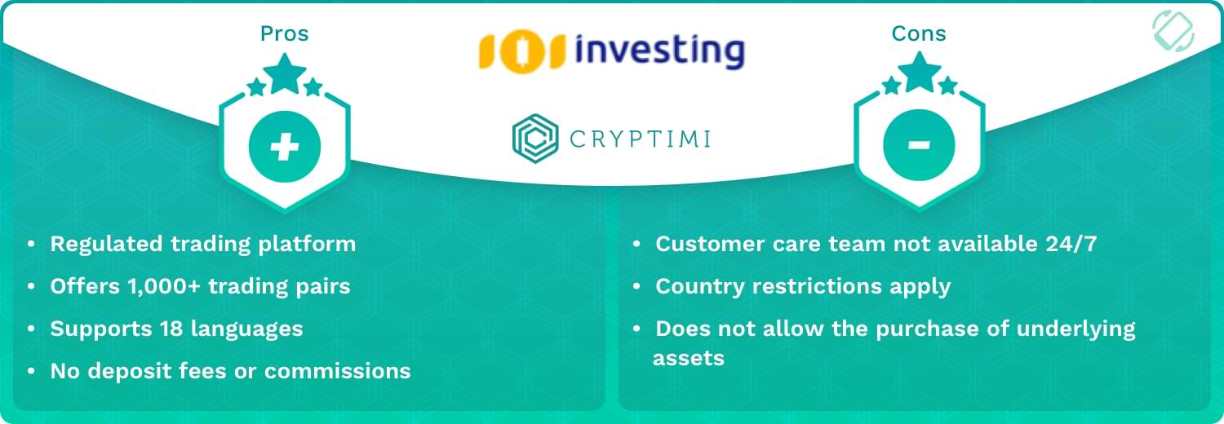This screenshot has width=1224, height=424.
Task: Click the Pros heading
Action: tap(284, 33)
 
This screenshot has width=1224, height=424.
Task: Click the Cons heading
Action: tap(919, 33)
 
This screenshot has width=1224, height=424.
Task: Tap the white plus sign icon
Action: tap(285, 146)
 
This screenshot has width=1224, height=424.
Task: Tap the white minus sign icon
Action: tap(919, 144)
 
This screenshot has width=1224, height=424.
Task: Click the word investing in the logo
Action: tap(660, 51)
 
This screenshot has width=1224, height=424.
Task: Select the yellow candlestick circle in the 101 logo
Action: tap(522, 51)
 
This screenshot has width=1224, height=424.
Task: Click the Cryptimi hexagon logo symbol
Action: tap(535, 139)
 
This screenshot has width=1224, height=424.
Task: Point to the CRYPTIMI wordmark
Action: tap(640, 139)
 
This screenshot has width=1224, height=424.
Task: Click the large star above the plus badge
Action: tap(285, 73)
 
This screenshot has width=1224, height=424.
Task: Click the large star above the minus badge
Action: tap(920, 72)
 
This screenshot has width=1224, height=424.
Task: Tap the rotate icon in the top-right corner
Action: tap(1173, 31)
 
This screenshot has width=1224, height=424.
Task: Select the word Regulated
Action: tap(107, 245)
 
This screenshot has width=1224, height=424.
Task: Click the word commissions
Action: tap(337, 371)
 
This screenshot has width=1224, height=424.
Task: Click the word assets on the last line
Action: tap(689, 359)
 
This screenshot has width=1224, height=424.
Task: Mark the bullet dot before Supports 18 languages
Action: tap(31, 329)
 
